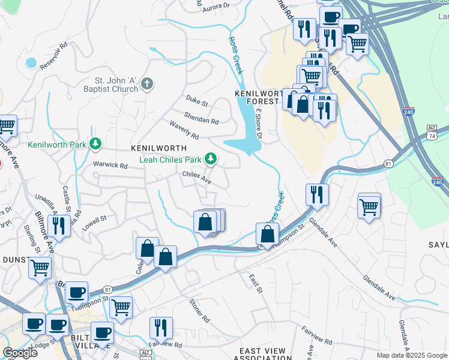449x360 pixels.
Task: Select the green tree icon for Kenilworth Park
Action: click(x=95, y=144)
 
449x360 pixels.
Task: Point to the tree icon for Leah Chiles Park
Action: click(x=210, y=159)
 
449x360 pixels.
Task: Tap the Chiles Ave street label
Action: click(x=197, y=178)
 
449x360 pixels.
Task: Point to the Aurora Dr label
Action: click(x=217, y=7)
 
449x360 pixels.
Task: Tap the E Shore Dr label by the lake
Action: click(x=259, y=124)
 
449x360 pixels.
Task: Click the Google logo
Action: click(x=20, y=353)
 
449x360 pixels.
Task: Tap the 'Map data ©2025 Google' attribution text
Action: click(x=411, y=355)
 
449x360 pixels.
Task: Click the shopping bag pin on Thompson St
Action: click(x=268, y=233)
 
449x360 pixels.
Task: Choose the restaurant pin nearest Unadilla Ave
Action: click(x=58, y=226)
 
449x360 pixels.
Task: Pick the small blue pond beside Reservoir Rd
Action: click(x=31, y=62)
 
